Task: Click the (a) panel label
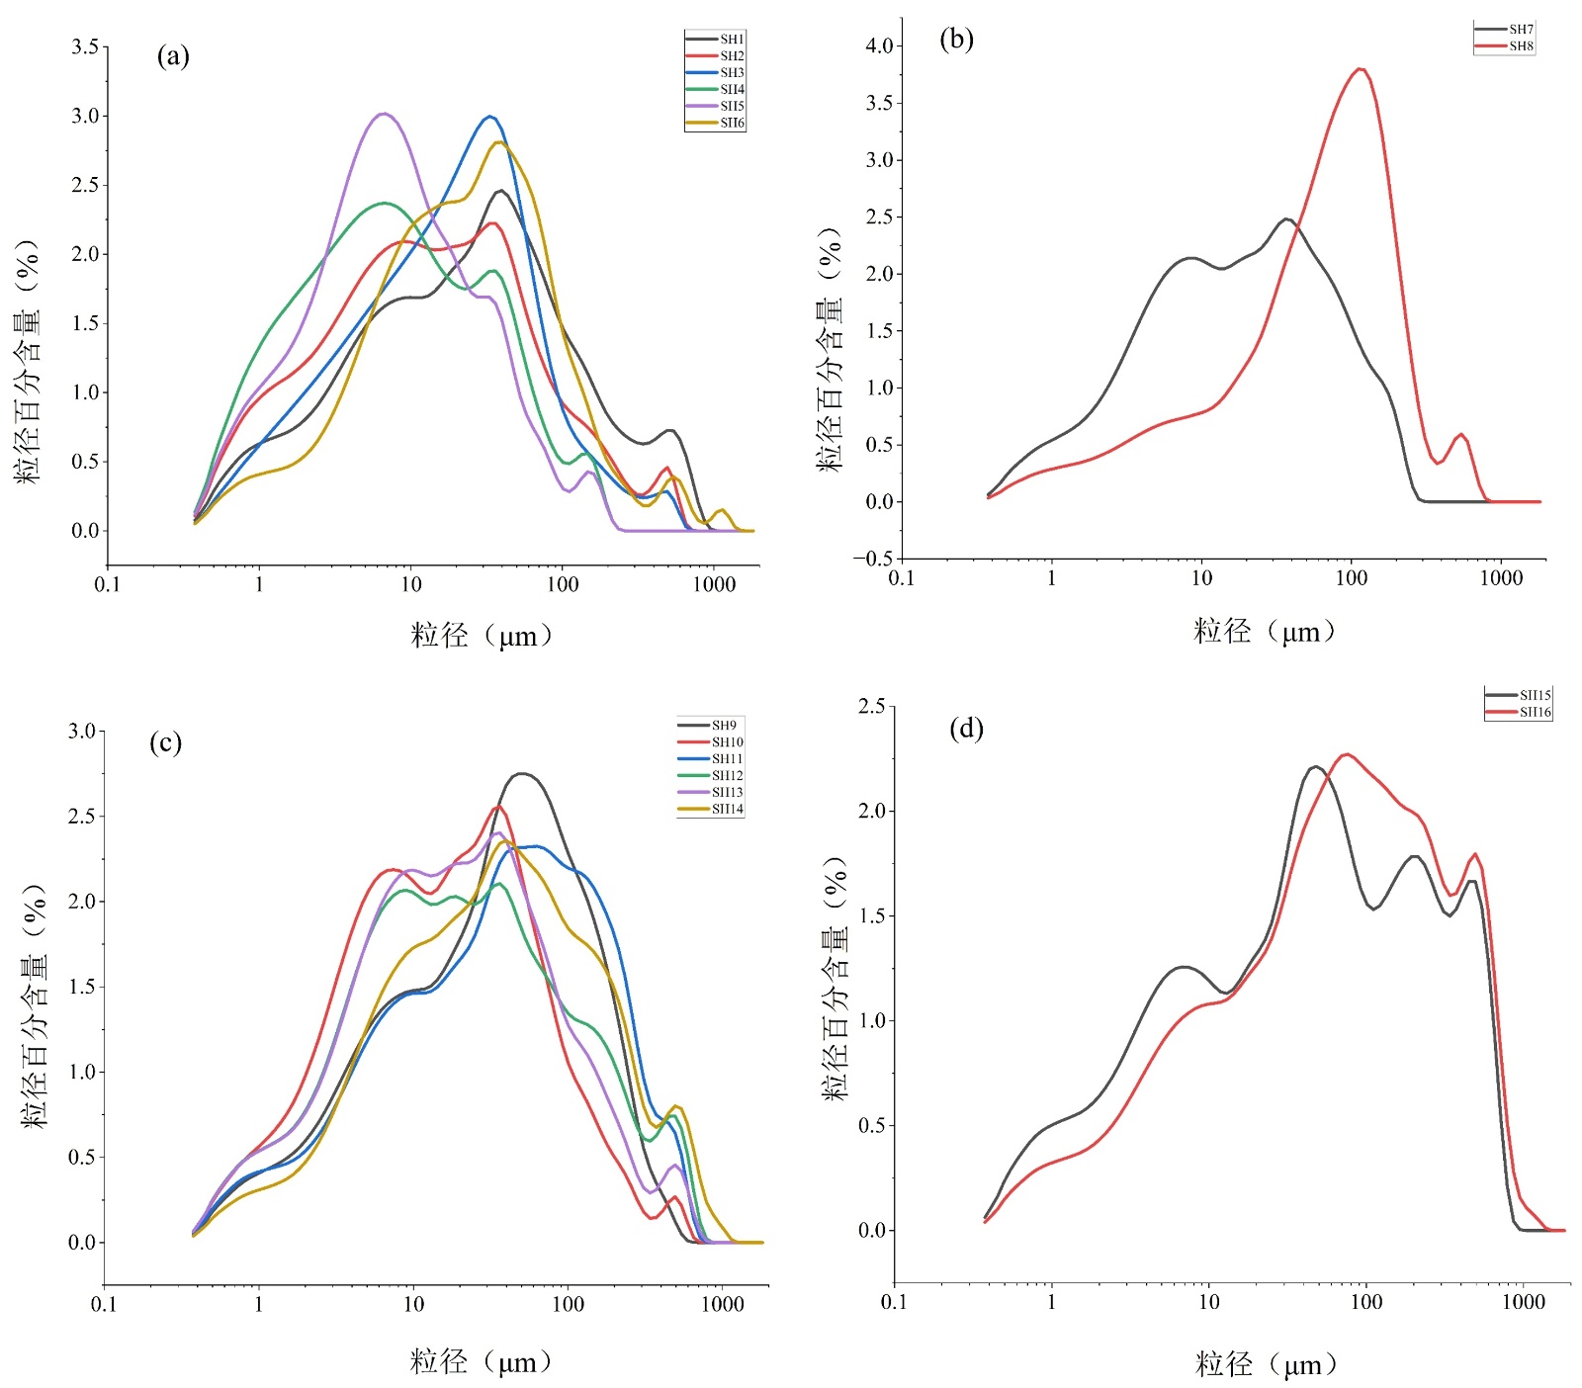pyautogui.click(x=173, y=56)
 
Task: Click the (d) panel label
pyautogui.click(x=966, y=729)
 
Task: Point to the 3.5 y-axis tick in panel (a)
pyautogui.click(x=85, y=46)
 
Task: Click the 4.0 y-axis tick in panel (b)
pyautogui.click(x=879, y=45)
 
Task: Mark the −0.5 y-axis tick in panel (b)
pyautogui.click(x=873, y=559)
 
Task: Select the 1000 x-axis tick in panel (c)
pyautogui.click(x=722, y=1305)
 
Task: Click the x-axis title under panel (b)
pyautogui.click(x=1265, y=632)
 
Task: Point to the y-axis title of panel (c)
pyautogui.click(x=36, y=1006)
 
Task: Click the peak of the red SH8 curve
pyautogui.click(x=1362, y=68)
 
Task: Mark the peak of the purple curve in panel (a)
pyautogui.click(x=384, y=114)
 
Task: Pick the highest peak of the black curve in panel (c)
pyautogui.click(x=522, y=773)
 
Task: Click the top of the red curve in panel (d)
pyautogui.click(x=1347, y=754)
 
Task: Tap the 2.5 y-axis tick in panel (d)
pyautogui.click(x=871, y=706)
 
